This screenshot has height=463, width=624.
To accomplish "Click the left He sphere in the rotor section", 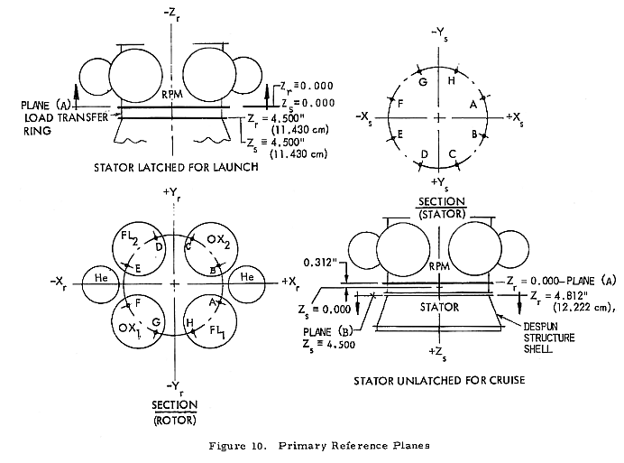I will coord(100,282).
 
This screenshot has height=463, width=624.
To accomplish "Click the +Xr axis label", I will coord(290,283).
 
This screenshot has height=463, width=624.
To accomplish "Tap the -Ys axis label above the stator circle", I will coord(439,33).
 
